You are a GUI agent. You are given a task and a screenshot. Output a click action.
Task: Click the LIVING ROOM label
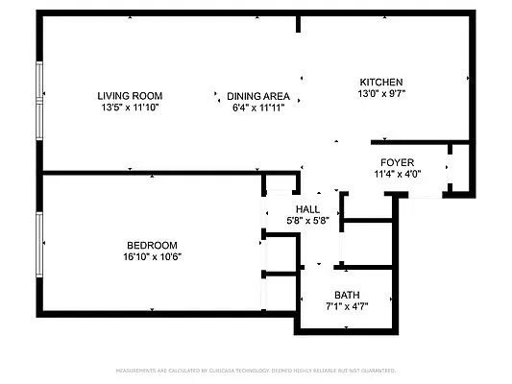coord(130,95)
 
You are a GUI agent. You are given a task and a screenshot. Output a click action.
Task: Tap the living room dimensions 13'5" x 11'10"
coord(130,108)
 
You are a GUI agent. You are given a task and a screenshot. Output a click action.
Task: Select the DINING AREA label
coord(258,95)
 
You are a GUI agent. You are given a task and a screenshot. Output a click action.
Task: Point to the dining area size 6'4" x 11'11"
coord(258,108)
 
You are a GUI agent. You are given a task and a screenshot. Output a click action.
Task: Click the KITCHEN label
coord(380,82)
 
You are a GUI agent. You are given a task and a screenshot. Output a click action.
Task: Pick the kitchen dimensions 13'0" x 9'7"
coord(380,94)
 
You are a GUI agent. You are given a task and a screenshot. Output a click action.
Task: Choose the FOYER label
coord(397,161)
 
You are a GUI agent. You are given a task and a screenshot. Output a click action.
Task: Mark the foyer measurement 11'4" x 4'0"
coord(397,174)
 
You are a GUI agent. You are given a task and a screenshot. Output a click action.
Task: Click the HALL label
coord(307,208)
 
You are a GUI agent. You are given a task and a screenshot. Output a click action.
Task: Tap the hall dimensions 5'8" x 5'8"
coord(307,221)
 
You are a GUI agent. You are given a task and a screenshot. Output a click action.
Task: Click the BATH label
coord(346,295)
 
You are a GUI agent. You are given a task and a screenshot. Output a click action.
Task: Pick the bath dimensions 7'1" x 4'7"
coord(346,307)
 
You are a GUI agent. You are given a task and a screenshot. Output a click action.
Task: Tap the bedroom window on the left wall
coord(38,245)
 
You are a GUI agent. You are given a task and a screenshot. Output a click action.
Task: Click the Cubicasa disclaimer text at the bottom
coord(256,370)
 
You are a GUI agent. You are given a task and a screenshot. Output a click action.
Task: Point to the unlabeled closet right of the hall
coord(367,244)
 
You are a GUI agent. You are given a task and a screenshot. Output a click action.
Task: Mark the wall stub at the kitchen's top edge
coord(300,23)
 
